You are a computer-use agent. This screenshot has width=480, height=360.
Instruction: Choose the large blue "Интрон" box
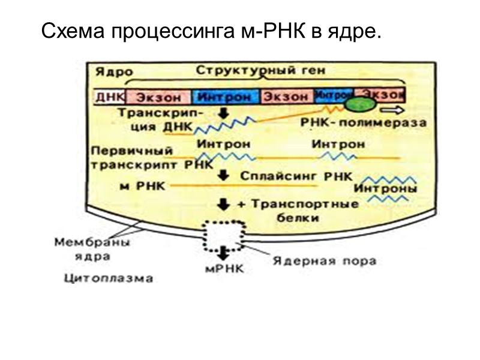[x=224, y=96]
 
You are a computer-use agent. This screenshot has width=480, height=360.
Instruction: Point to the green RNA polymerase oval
[x=360, y=104]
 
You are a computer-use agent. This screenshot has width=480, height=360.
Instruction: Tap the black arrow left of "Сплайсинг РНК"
[x=223, y=176]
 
